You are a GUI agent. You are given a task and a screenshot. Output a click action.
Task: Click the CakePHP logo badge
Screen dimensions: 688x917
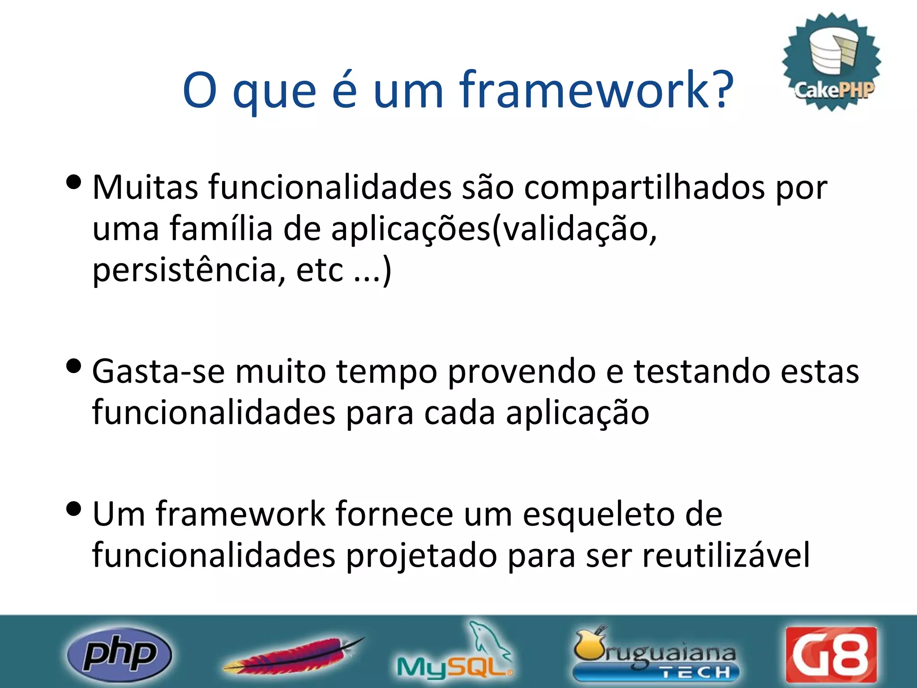832,62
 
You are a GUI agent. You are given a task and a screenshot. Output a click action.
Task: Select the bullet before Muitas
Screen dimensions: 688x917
73,182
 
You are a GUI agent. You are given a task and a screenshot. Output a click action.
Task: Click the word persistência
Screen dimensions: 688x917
189,270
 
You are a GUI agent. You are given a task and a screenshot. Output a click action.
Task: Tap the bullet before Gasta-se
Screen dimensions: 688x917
73,366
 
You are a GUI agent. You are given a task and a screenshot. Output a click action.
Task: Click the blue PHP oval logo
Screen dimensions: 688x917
119,654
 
